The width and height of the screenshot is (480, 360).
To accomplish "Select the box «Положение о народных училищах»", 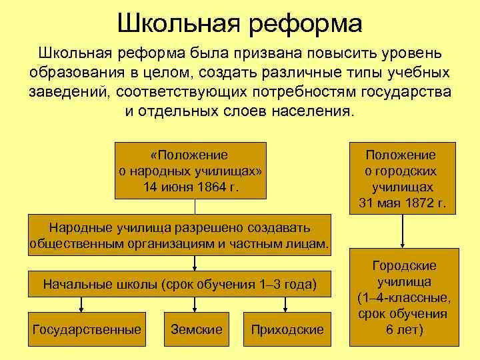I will click(190, 171).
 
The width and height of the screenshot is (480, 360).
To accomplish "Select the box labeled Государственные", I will click(87, 329).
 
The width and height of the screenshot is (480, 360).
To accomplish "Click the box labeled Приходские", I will click(287, 329).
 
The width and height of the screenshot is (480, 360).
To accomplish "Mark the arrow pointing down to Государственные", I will click(81, 303).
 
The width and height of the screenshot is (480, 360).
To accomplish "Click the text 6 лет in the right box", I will click(403, 329).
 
